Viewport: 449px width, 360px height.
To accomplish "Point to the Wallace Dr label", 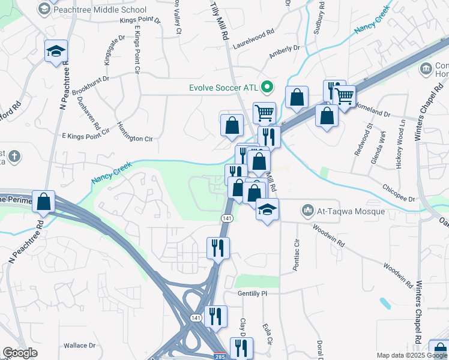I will (80, 345).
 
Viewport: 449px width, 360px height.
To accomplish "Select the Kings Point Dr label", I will (141, 20).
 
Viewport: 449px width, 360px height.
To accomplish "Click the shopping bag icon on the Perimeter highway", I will (44, 202).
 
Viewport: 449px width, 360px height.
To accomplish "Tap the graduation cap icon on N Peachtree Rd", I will (55, 52).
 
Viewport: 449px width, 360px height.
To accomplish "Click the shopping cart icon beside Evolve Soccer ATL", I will (264, 112).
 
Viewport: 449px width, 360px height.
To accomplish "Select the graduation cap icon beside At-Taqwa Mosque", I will (267, 209).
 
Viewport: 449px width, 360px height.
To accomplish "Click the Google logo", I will (20, 353).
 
